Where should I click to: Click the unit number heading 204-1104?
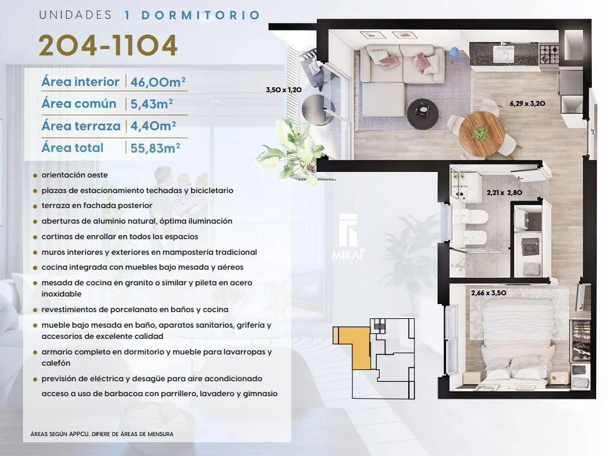point(108,45)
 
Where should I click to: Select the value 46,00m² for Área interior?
point(158,82)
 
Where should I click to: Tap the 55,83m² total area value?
point(155,148)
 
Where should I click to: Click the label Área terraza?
point(81,126)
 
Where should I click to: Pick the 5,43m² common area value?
point(152,103)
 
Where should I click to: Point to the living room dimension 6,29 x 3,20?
point(527,103)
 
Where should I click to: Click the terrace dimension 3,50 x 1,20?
point(284,90)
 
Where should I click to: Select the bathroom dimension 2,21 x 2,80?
point(505,192)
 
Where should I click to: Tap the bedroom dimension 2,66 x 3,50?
point(489,293)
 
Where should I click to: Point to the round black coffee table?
point(423,114)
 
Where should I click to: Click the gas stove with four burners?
point(549,54)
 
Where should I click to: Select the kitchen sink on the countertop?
point(503,54)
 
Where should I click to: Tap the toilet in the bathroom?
point(474,217)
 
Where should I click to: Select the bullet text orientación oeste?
point(75,175)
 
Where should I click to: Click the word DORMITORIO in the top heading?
point(201,15)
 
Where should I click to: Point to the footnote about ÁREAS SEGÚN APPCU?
point(102,434)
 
